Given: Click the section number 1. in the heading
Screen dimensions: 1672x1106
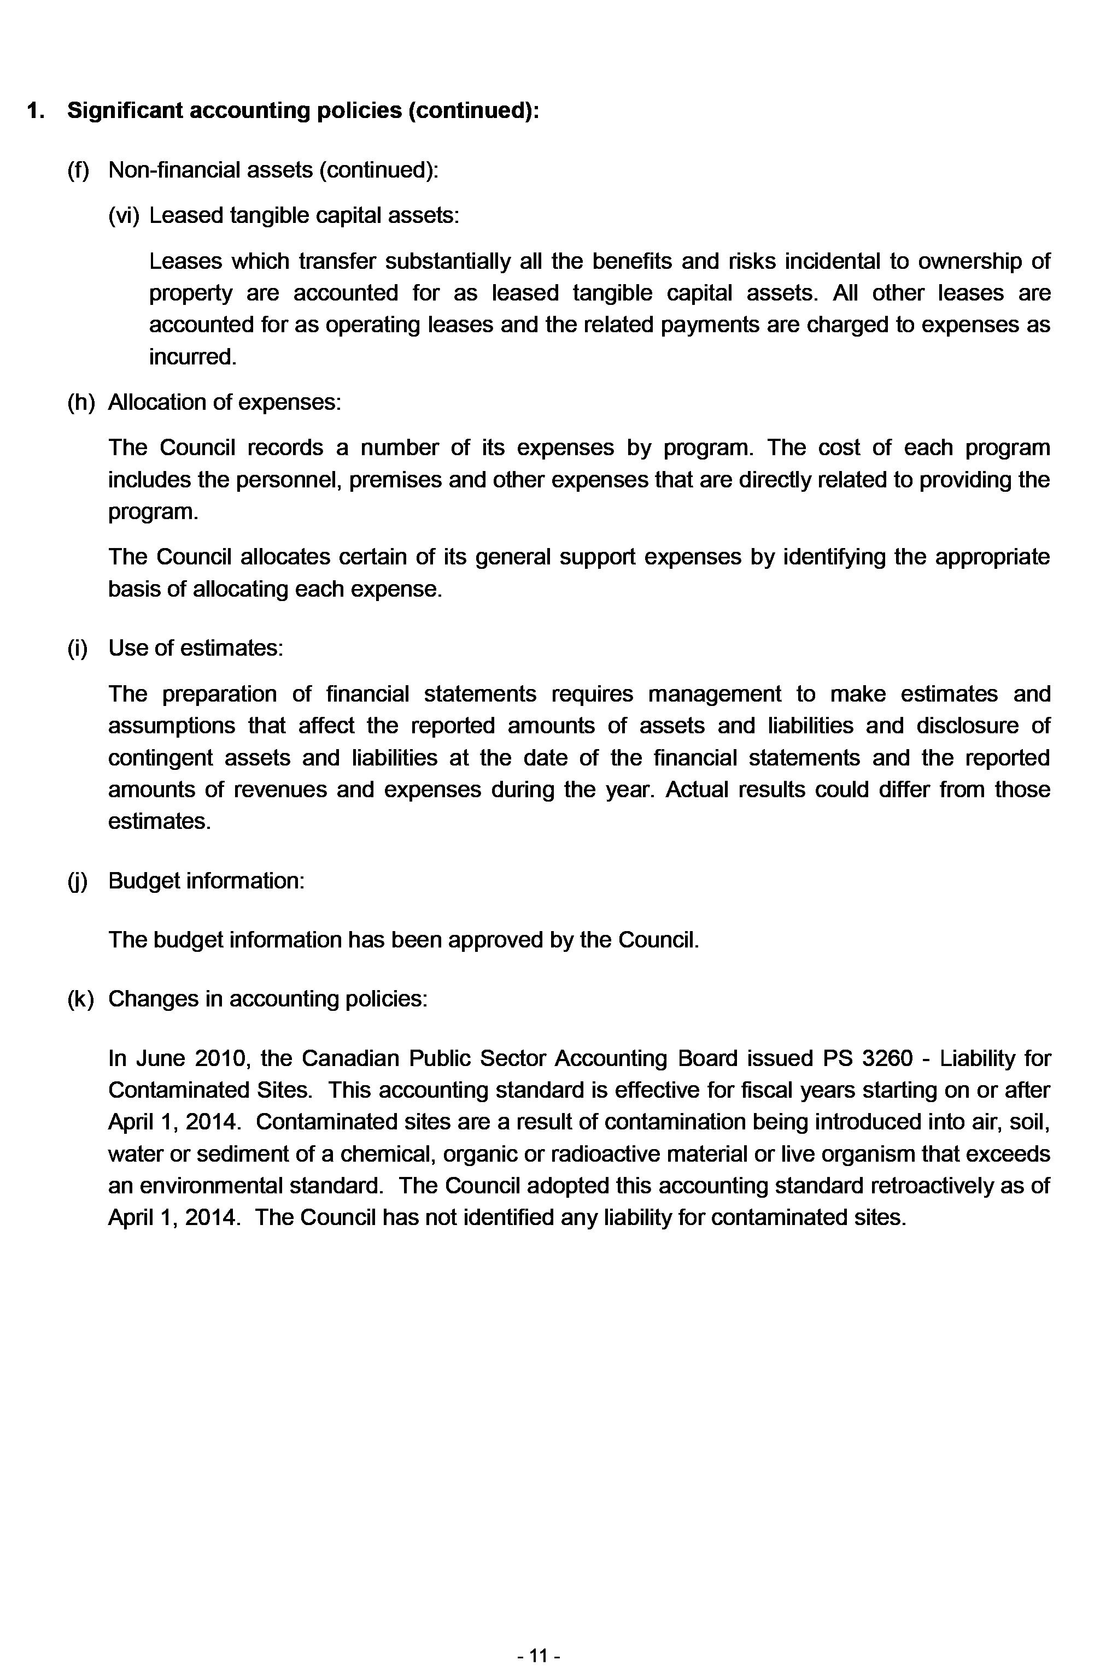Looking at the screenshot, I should click(36, 111).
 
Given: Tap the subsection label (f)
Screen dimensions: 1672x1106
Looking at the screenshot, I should click(78, 170).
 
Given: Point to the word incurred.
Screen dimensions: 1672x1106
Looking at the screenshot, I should click(192, 357).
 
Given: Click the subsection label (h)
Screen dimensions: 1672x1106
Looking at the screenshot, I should click(80, 403).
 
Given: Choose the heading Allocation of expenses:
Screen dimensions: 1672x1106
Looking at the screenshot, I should click(224, 403).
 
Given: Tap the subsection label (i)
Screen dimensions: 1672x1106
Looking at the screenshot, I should click(78, 648).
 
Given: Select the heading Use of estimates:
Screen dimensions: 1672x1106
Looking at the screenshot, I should click(195, 648).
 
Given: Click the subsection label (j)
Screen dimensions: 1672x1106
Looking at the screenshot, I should click(78, 881).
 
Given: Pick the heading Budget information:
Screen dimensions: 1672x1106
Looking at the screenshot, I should click(206, 881).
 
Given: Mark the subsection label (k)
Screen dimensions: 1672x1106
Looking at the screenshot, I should click(80, 999).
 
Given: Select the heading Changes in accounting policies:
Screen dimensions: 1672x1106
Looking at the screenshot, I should click(267, 999).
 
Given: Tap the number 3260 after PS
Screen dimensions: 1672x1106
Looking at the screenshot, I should click(887, 1059).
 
